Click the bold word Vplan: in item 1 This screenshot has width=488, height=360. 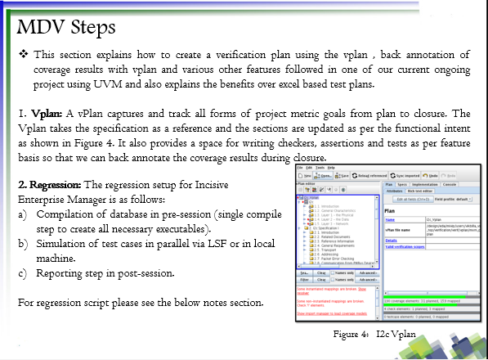point(49,113)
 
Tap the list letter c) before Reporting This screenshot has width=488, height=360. point(23,272)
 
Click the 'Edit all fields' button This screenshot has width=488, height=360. point(414,199)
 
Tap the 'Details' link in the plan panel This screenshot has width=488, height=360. point(391,241)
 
